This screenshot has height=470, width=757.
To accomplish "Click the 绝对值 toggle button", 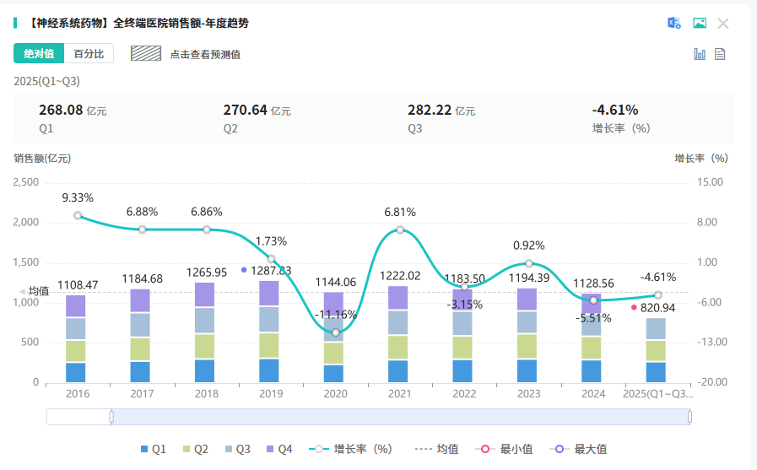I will click(39, 53).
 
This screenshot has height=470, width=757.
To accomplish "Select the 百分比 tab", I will click(89, 53).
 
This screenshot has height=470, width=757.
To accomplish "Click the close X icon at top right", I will click(723, 24).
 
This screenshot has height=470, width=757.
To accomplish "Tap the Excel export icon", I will click(674, 24).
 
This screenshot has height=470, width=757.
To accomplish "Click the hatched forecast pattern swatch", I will click(146, 53).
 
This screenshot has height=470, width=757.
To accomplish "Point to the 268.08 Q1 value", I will click(61, 110).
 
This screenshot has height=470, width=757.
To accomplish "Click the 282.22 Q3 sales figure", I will click(430, 110).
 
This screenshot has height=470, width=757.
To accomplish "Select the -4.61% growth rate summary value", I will click(615, 110).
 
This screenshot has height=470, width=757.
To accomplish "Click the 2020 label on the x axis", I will click(336, 394).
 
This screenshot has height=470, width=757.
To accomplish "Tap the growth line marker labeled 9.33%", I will click(78, 215).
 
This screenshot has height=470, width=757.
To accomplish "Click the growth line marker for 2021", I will click(400, 230).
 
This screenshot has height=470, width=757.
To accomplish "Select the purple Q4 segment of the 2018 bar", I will click(207, 294).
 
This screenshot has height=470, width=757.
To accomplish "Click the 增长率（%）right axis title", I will click(700, 158).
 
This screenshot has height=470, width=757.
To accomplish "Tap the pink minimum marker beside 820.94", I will click(634, 307).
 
